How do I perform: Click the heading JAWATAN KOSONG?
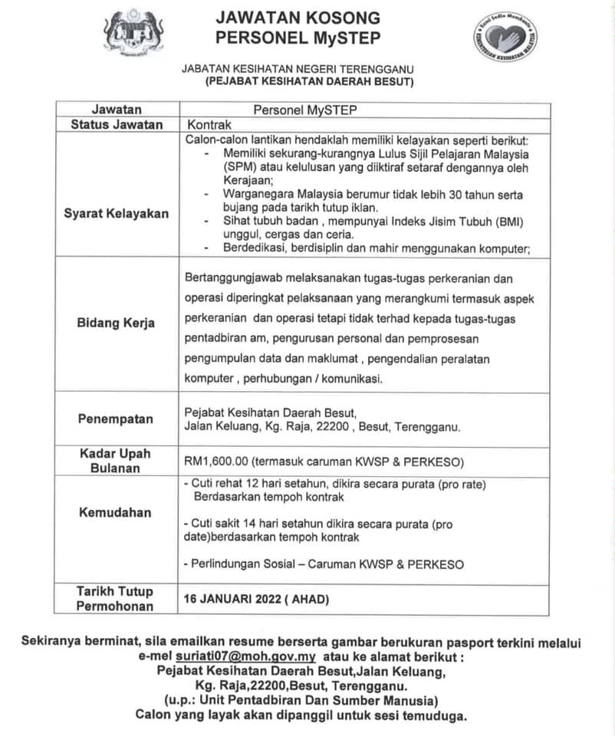click(298, 18)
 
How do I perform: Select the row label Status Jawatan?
click(117, 124)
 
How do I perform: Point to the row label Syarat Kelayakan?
click(117, 212)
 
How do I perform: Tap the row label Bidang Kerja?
click(116, 323)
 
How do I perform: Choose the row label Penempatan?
click(116, 419)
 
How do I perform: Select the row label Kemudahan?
click(116, 512)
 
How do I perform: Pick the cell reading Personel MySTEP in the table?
click(305, 110)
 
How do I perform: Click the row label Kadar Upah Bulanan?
click(116, 461)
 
